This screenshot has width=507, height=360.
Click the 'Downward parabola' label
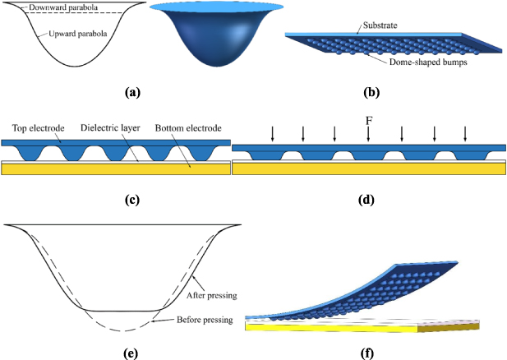click(x=57, y=7)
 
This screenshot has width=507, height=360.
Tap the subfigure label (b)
click(x=380, y=93)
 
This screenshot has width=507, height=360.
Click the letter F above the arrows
click(x=368, y=120)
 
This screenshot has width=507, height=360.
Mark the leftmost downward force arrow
click(x=271, y=133)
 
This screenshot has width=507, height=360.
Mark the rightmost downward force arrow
click(x=466, y=133)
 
